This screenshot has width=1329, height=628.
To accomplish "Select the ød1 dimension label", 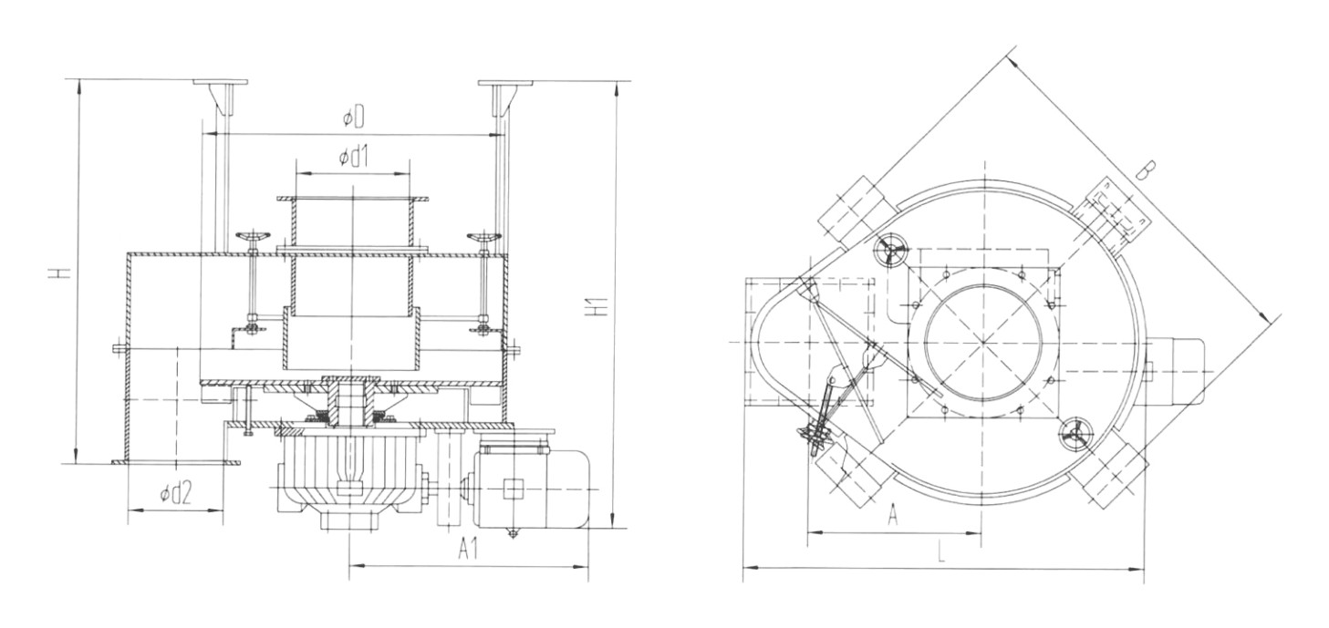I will pyautogui.click(x=352, y=157).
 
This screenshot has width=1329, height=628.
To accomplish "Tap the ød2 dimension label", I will pyautogui.click(x=175, y=494).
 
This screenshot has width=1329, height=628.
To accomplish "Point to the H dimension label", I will pyautogui.click(x=57, y=273).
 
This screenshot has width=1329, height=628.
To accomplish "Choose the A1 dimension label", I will pyautogui.click(x=469, y=549).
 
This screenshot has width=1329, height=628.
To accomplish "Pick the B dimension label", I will pyautogui.click(x=1148, y=170).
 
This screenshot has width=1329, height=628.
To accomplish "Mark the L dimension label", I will pyautogui.click(x=940, y=552).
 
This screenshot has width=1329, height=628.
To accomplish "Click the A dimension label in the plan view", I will pyautogui.click(x=893, y=516).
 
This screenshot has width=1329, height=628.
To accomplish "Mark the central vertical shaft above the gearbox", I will pyautogui.click(x=350, y=401).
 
